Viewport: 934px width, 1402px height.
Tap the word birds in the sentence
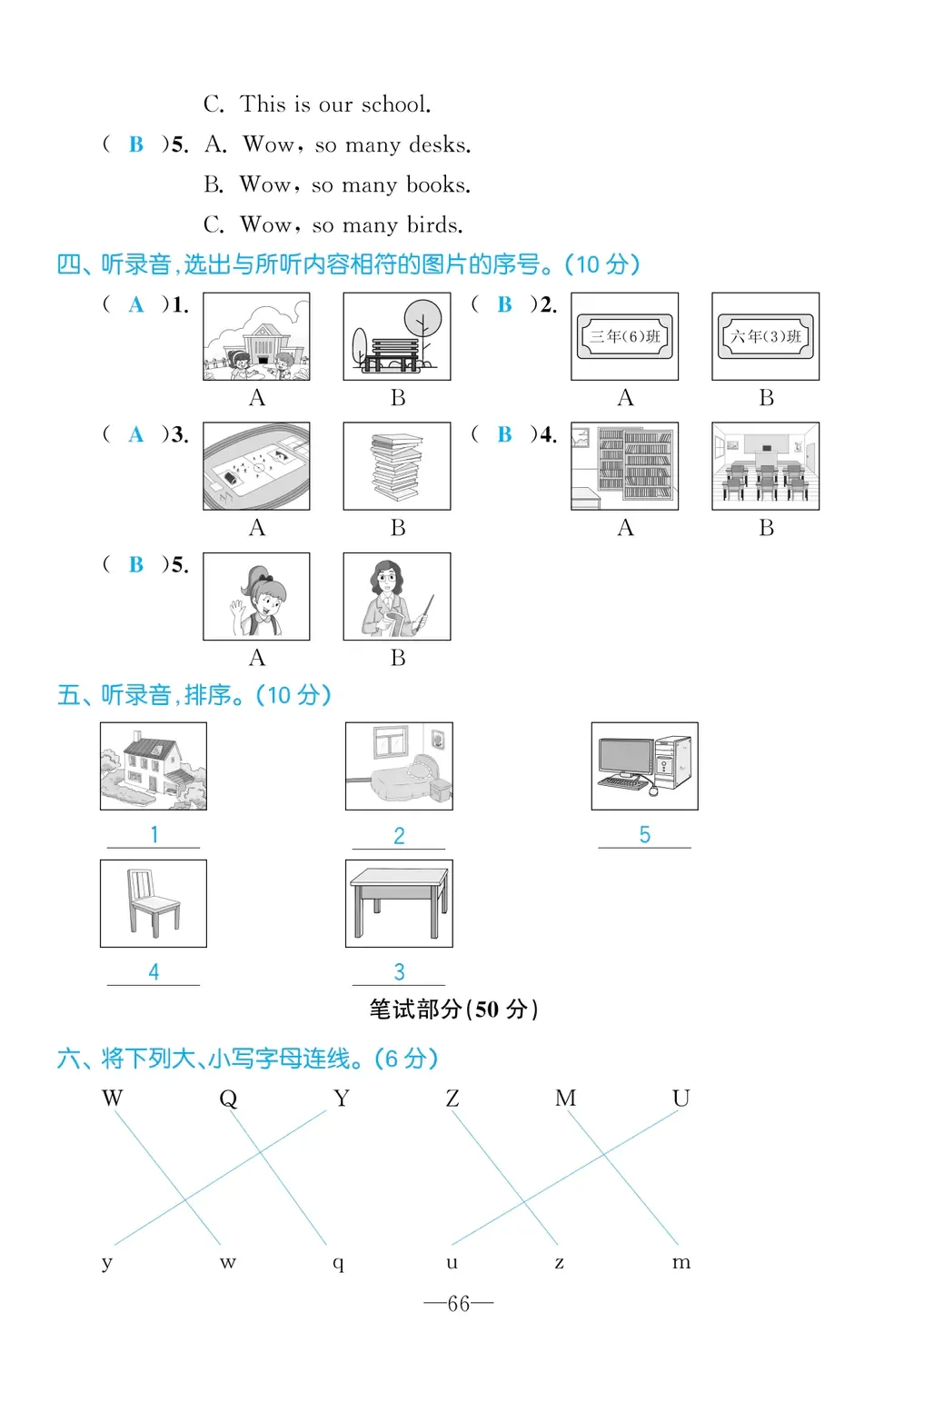coord(433,224)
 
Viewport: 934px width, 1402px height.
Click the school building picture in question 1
coord(256,336)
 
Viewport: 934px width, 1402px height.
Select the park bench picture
coord(397,336)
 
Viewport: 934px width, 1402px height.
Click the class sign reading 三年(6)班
coord(624,336)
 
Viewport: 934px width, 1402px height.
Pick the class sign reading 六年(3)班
coord(765,336)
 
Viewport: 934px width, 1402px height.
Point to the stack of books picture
coord(397,466)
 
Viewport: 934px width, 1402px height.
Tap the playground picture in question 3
coord(256,466)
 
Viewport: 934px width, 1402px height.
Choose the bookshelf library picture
coord(624,466)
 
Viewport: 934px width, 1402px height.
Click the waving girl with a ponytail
coord(256,597)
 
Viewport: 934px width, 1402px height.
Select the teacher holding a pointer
coord(397,597)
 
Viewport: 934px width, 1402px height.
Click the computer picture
coord(644,766)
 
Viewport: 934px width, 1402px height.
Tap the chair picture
coord(154,903)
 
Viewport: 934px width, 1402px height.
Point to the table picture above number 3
coord(399,903)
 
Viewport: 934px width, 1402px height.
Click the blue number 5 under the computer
coord(644,835)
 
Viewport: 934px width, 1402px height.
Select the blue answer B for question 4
coord(504,435)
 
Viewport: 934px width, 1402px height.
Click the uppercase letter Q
coord(228,1099)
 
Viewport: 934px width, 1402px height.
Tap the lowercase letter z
coord(559,1262)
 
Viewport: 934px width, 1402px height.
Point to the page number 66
coord(459,1304)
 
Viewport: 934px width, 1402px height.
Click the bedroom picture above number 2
coord(399,766)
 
